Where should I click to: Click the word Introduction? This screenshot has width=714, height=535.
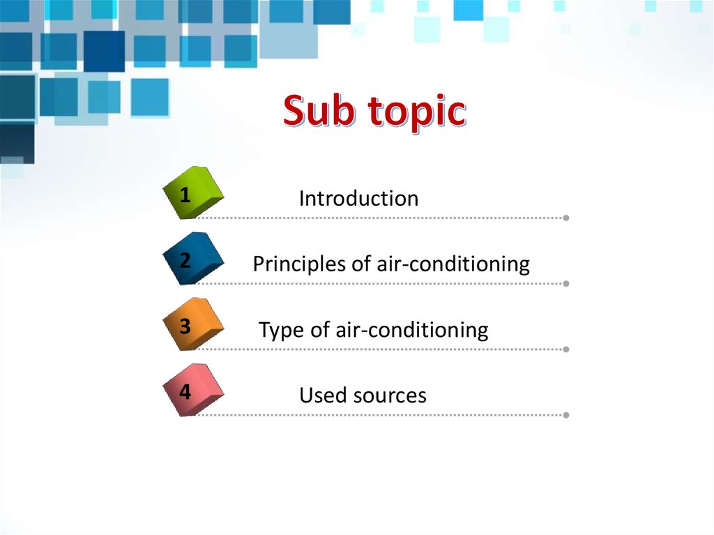(x=358, y=199)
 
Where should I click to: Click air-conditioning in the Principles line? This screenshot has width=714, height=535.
(x=453, y=264)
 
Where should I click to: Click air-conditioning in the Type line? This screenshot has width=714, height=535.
(x=411, y=330)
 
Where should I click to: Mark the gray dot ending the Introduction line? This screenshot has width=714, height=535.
(x=565, y=218)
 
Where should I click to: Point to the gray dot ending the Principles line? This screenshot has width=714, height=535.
(x=565, y=284)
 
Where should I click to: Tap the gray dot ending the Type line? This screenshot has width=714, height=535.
(x=565, y=349)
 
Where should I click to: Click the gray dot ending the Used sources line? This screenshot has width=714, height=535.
(x=565, y=415)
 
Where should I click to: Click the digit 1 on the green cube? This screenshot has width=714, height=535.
(x=185, y=195)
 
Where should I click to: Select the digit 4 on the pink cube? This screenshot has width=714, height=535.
(x=185, y=392)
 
